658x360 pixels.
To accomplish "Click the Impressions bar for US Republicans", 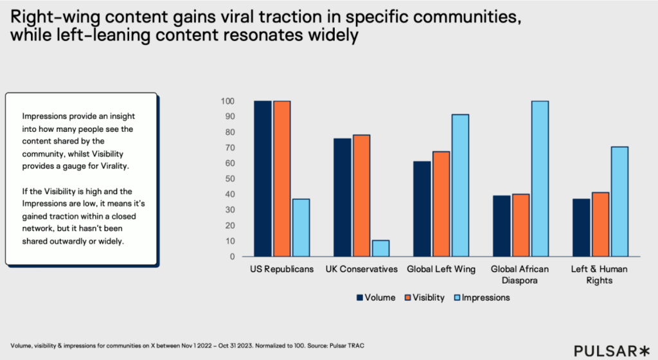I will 301,228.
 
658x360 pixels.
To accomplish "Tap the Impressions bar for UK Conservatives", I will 380,248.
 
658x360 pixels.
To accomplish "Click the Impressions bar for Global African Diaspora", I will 539,179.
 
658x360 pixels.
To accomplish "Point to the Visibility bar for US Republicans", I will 281,179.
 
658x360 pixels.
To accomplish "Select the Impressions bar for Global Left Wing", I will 460,185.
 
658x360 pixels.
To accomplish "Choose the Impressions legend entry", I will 481,298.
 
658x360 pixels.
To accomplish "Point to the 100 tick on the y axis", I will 227,102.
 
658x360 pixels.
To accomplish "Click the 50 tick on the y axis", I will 229,179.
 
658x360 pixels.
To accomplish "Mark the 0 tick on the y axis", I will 231,256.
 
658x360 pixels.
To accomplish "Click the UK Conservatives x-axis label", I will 361,269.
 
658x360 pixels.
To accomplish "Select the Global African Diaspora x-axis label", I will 520,274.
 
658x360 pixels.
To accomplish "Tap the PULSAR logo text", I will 603,350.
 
